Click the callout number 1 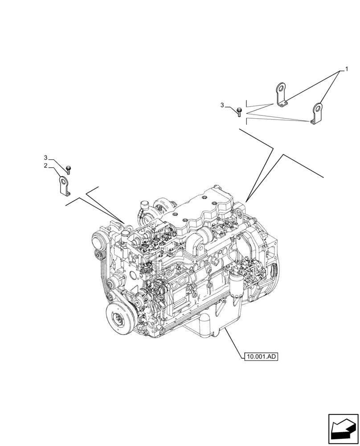coord(346,70)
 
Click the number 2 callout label coord(45,165)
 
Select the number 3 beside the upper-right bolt coord(223,105)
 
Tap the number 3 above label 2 coord(45,158)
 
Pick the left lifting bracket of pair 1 coord(281,95)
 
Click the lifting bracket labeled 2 coord(64,186)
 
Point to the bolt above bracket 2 coord(68,169)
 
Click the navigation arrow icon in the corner coord(343,429)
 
